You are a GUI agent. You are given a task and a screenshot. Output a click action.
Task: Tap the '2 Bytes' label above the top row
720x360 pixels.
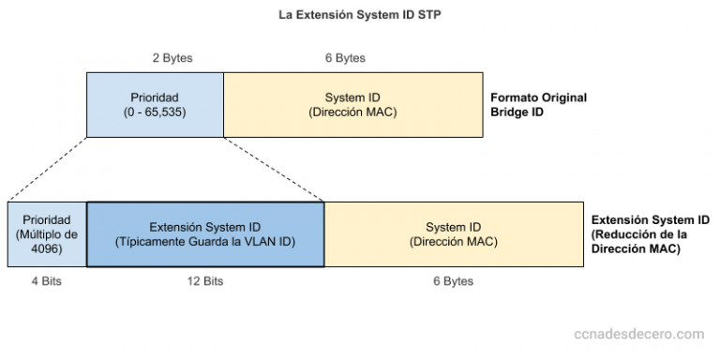point(172,58)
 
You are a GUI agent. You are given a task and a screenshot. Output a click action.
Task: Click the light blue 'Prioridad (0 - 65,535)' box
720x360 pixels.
point(155,105)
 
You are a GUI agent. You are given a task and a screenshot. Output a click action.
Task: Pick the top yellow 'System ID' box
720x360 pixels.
point(353,105)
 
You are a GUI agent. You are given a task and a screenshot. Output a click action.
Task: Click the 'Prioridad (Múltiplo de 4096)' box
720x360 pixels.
point(46,233)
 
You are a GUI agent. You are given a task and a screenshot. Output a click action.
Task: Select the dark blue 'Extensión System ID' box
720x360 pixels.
point(204,233)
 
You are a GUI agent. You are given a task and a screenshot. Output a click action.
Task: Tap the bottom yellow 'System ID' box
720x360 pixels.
point(453,233)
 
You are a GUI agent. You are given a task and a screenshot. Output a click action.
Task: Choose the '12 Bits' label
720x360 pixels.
point(204,281)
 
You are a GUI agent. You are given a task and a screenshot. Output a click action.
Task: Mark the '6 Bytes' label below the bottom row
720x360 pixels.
point(453,281)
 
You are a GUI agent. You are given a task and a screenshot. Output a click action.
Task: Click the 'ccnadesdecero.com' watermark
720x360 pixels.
point(637,333)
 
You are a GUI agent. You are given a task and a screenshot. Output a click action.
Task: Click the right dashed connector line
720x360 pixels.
point(274,169)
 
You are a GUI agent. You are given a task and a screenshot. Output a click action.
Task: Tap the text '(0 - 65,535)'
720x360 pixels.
point(155,112)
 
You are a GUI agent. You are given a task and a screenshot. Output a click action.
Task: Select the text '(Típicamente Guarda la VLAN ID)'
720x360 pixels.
point(204,242)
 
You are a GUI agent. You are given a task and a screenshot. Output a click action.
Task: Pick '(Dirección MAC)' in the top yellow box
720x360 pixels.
point(353,112)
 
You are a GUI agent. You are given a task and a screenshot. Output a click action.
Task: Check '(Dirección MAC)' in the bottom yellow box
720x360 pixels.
point(453,242)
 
